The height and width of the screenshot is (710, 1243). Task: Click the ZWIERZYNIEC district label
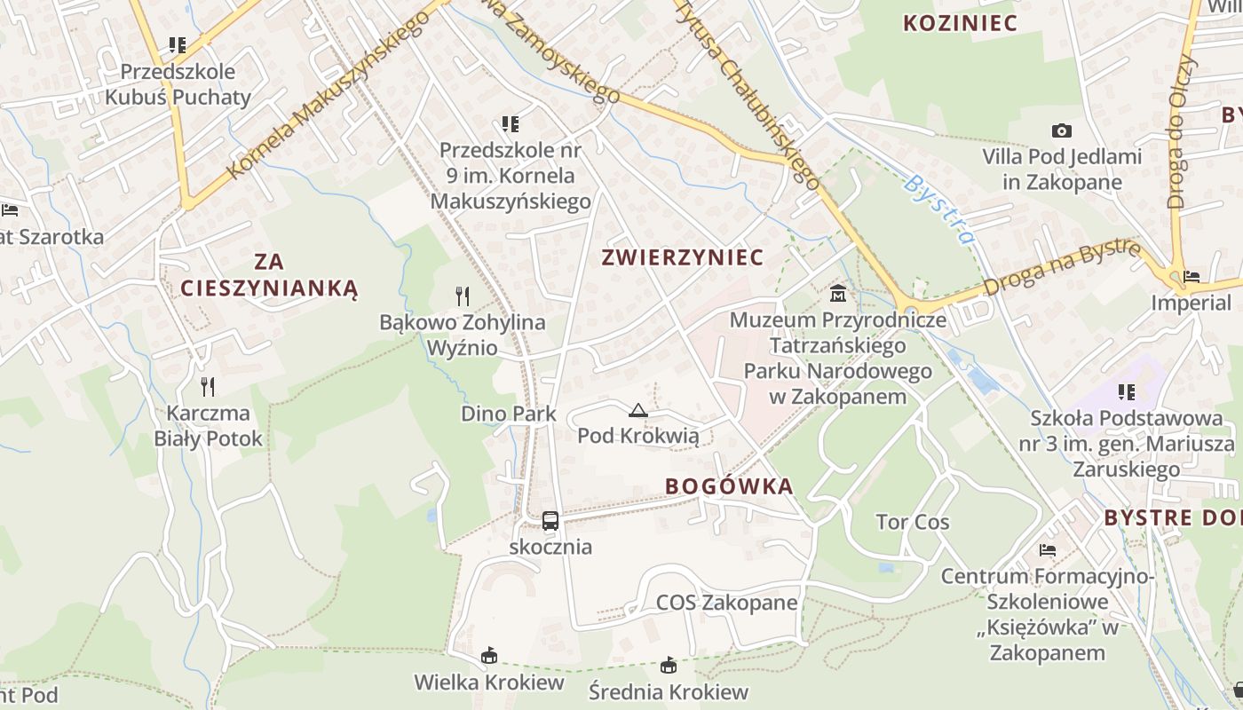682,257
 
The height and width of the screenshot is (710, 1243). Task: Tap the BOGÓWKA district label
728,486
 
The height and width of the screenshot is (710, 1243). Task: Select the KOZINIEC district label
960,24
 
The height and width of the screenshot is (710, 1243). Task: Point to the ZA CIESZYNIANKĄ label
269,275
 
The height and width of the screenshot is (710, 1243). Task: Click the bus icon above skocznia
550,521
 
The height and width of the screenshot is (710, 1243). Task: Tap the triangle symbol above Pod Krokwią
637,410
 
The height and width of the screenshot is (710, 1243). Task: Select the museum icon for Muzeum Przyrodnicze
837,293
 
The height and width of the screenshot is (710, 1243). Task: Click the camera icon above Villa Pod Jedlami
1061,131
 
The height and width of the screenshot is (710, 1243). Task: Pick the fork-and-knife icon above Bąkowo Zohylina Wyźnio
462,296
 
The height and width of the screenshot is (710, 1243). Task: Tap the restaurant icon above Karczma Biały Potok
208,386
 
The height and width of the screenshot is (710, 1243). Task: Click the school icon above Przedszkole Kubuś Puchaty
178,44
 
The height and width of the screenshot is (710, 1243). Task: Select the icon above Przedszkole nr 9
510,124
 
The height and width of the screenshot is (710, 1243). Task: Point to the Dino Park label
509,414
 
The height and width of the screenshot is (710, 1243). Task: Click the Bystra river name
939,209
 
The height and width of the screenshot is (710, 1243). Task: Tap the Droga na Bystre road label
1061,269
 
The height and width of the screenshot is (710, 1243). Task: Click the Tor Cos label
913,522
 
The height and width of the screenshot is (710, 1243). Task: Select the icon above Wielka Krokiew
488,657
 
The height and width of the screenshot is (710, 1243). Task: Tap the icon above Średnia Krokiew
669,666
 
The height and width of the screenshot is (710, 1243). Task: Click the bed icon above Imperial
1191,277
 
